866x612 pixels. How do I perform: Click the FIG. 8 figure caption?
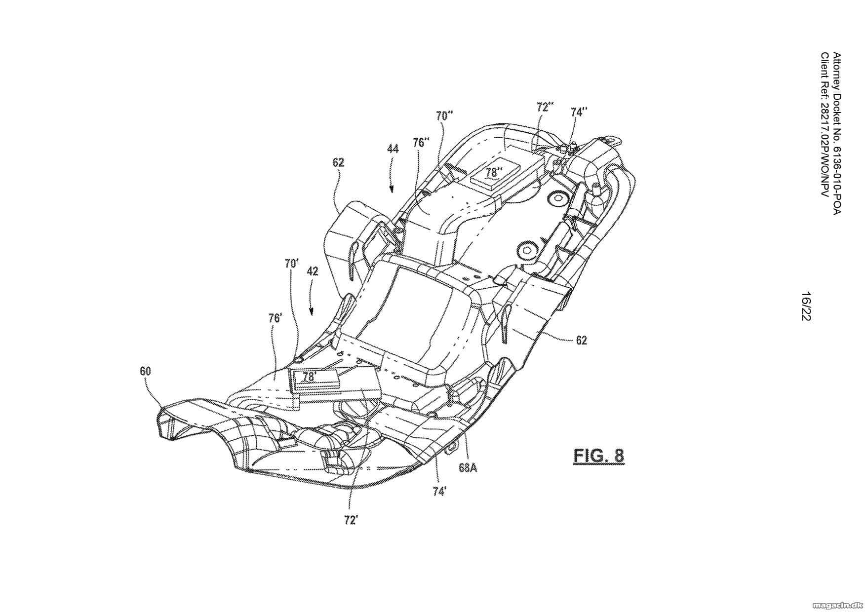[x=598, y=456]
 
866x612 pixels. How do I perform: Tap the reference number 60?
[x=145, y=371]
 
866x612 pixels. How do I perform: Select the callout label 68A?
[x=468, y=467]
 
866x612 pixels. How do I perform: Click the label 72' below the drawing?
[x=351, y=520]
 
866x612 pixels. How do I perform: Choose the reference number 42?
[x=312, y=271]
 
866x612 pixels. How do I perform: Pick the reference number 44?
[x=393, y=148]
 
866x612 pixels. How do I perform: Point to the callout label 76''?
[x=421, y=143]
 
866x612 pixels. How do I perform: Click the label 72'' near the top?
[x=545, y=107]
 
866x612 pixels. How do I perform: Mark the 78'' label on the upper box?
[x=493, y=173]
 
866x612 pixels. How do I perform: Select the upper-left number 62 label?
[x=338, y=162]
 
